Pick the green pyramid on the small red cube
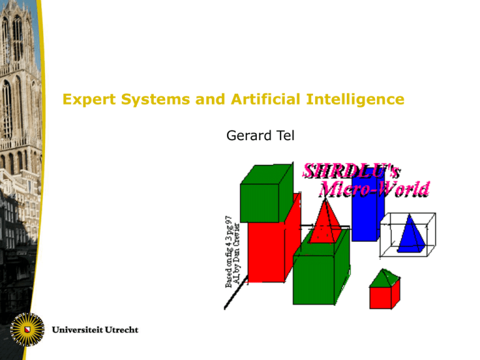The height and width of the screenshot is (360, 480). click(383, 279)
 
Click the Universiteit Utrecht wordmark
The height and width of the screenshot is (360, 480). click(95, 329)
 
